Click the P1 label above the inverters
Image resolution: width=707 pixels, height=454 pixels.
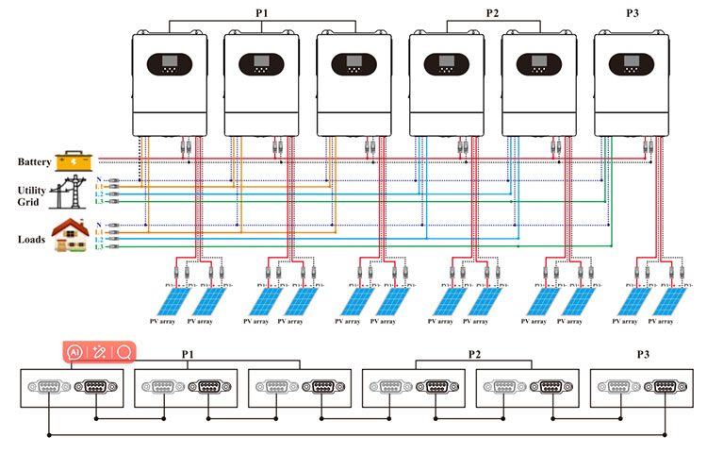pos(261,12)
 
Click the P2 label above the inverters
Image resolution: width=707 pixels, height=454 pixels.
pos(492,12)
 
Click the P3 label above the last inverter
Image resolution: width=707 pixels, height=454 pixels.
pos(632,12)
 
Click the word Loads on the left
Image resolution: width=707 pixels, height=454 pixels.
pos(33,240)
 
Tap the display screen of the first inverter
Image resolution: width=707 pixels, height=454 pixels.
pos(167,64)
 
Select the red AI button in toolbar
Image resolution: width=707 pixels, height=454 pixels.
pos(74,352)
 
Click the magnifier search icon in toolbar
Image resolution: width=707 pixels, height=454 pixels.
pos(123,352)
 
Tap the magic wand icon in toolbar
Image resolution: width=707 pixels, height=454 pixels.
pos(99,352)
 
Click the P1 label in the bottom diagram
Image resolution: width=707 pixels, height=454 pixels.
pos(188,355)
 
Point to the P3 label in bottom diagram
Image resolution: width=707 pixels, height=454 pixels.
pos(643,355)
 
